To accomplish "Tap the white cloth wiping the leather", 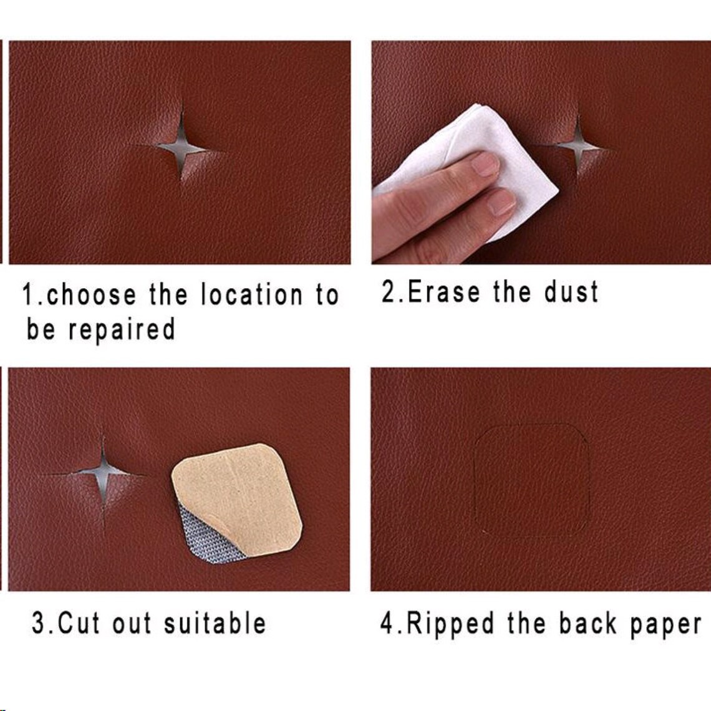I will tap(424, 143).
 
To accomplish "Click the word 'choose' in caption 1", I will tap(90, 296).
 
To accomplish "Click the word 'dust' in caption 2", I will tap(571, 292).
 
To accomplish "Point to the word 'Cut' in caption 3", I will tap(79, 624).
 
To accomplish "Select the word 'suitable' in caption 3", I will tap(215, 624).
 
